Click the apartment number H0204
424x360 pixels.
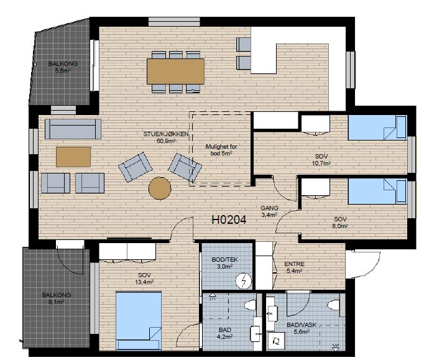(229, 220)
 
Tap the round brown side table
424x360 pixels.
(160, 188)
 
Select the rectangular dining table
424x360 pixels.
(175, 72)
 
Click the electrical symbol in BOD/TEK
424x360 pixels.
(244, 282)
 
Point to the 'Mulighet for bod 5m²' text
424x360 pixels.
(221, 150)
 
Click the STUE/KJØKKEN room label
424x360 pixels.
(166, 137)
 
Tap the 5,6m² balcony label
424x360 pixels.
(63, 67)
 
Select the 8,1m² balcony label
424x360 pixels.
(57, 298)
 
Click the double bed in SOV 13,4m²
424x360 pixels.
(139, 320)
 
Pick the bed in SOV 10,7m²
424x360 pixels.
(377, 127)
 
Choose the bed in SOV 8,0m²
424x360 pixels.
(377, 191)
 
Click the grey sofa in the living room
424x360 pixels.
(73, 129)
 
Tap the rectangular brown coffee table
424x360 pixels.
(73, 157)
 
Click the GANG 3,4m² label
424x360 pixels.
(269, 211)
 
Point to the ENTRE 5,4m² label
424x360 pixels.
(295, 267)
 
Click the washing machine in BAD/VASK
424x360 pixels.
(276, 341)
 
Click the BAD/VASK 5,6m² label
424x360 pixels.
(302, 328)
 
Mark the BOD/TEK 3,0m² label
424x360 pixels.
(224, 263)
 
